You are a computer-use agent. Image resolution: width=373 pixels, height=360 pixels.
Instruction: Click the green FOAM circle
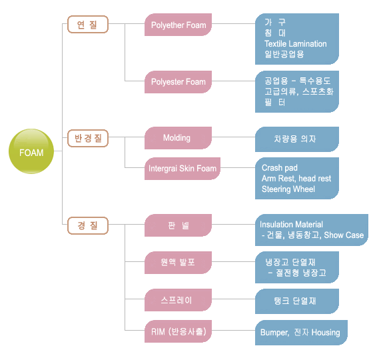tap(31, 151)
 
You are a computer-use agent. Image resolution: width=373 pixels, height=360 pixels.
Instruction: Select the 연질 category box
tap(88, 24)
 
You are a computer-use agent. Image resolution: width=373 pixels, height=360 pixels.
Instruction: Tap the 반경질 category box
tap(88, 139)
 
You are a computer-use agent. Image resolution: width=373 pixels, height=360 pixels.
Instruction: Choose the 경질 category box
tap(88, 225)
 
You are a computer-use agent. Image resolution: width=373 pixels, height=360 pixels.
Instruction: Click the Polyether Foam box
tap(179, 25)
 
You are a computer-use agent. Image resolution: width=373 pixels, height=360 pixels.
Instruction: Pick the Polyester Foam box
tap(179, 82)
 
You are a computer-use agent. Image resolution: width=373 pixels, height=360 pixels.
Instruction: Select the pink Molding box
tap(179, 138)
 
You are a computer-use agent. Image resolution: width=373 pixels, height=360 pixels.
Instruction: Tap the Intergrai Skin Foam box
tap(183, 169)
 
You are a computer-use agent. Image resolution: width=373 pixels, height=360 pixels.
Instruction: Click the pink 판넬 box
tap(179, 225)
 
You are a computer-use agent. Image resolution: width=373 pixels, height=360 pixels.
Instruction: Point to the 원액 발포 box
tap(179, 263)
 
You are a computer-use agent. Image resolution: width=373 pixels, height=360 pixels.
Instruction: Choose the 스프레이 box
tap(179, 300)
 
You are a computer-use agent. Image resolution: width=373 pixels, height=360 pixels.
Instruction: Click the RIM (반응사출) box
tap(179, 331)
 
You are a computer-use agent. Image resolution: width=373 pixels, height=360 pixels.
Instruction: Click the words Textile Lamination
tap(296, 44)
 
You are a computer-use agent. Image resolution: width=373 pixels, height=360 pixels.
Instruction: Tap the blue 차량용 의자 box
tap(297, 139)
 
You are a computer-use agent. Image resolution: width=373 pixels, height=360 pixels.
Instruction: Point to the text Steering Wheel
tap(288, 189)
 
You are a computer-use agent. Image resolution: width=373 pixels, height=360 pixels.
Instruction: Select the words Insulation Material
tap(291, 224)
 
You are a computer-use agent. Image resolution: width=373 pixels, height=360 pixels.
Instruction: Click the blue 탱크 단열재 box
tap(297, 301)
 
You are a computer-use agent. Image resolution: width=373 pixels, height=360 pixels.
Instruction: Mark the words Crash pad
tap(280, 168)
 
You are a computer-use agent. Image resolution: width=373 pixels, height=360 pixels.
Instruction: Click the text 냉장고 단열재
tap(290, 262)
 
